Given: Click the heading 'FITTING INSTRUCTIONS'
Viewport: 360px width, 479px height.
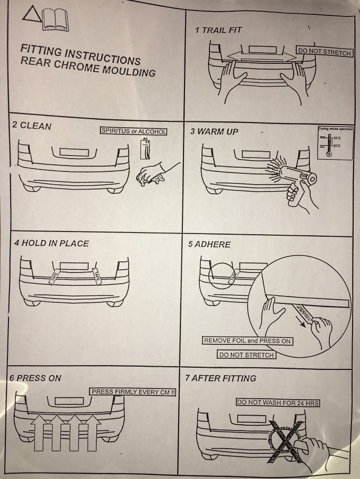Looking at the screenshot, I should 80,54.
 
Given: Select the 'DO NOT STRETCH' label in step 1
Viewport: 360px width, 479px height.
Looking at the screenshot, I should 324,52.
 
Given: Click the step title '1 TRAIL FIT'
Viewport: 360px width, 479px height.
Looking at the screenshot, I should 219,30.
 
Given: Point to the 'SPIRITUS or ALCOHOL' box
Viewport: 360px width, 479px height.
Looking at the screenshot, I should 133,131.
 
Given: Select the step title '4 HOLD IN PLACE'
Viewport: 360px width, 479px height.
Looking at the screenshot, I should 52,243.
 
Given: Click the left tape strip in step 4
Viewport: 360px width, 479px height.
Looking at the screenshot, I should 55,275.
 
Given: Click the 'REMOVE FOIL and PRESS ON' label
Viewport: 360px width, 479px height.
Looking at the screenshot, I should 248,341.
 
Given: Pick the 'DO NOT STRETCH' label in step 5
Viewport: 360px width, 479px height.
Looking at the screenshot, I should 246,354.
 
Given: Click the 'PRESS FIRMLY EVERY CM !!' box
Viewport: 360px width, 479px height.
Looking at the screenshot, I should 133,392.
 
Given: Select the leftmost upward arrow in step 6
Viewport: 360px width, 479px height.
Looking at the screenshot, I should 41,434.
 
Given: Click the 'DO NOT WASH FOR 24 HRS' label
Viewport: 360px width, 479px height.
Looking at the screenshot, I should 278,403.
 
